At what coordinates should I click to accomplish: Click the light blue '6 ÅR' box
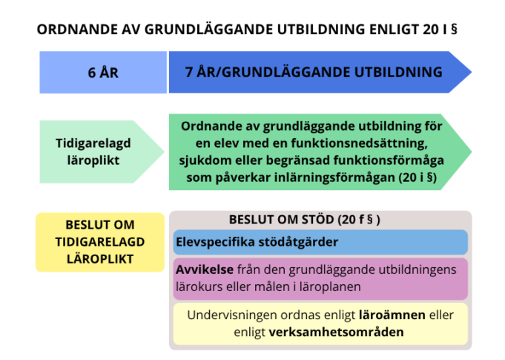pyautogui.click(x=103, y=72)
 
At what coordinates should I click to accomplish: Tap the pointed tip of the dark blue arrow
pyautogui.click(x=472, y=72)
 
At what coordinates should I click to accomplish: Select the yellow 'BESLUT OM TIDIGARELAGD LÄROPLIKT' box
pyautogui.click(x=100, y=242)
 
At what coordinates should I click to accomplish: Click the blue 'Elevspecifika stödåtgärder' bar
pyautogui.click(x=320, y=242)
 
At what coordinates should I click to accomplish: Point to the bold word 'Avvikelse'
pyautogui.click(x=205, y=269)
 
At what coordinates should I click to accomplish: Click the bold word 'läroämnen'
pyautogui.click(x=392, y=315)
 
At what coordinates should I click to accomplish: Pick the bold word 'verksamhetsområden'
pyautogui.click(x=336, y=332)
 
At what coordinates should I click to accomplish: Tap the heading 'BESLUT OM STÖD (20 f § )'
pyautogui.click(x=304, y=220)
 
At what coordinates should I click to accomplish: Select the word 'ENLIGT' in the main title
pyautogui.click(x=394, y=30)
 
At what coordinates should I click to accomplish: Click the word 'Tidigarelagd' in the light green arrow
pyautogui.click(x=93, y=143)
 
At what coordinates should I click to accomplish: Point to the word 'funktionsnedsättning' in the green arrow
pyautogui.click(x=359, y=143)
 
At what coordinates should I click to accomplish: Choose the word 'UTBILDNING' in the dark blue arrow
pyautogui.click(x=398, y=72)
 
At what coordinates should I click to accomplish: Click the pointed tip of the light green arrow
pyautogui.click(x=164, y=152)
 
